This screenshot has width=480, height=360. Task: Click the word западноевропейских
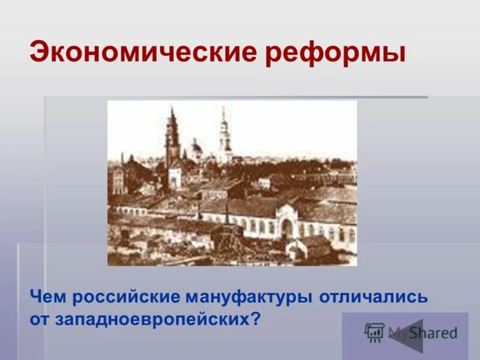(x=150, y=319)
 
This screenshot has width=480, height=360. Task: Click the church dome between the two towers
(x=196, y=148)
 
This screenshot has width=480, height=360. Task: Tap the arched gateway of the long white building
(x=287, y=227)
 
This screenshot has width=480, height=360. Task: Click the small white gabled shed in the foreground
(x=298, y=247)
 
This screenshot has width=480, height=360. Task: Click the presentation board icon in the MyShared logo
(x=374, y=332)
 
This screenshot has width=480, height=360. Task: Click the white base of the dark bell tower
(x=175, y=177)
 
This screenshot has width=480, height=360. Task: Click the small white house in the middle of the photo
(x=265, y=182)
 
